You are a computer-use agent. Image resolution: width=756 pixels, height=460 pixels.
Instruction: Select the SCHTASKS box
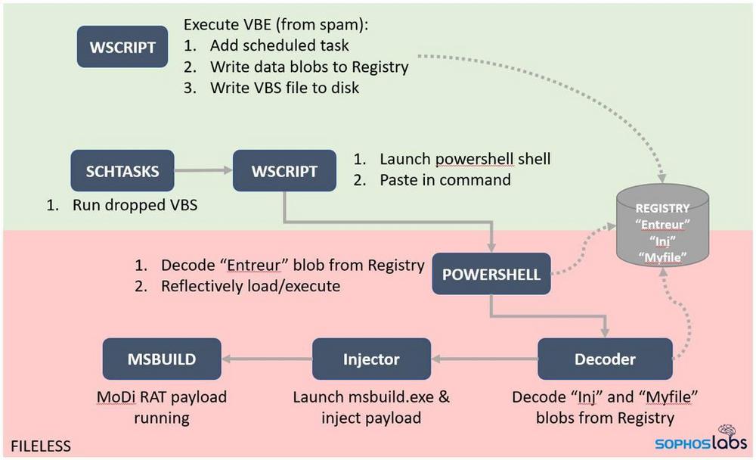coord(122,171)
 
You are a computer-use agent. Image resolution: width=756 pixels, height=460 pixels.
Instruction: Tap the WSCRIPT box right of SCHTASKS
coord(284,171)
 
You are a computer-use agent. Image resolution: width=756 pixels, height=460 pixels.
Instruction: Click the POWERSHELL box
coord(492,274)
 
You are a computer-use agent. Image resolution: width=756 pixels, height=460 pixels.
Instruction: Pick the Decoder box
coord(605,359)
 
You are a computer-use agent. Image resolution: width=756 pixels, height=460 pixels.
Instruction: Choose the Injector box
coord(372,359)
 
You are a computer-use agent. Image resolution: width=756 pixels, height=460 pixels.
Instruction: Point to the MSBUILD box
coord(162,359)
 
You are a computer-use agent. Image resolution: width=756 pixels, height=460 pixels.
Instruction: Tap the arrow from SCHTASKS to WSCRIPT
coord(203,171)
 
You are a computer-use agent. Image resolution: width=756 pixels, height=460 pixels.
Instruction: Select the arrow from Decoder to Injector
coord(484,359)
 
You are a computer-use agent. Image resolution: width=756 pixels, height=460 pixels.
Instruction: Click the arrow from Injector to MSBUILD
coord(267,359)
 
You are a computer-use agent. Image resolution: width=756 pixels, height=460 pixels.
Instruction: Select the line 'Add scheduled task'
coord(280,45)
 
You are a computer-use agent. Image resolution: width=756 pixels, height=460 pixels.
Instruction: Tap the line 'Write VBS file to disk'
coord(285,88)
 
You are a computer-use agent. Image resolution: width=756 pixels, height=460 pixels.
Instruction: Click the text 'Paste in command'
coord(445,180)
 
